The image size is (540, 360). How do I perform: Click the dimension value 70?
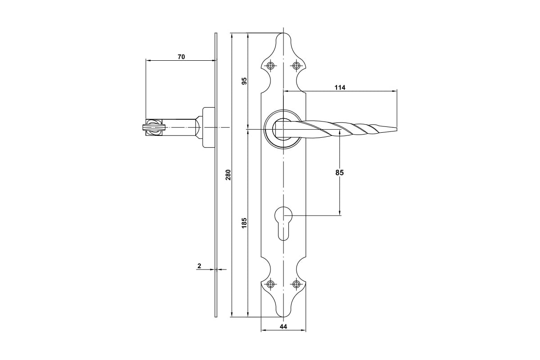[181, 57]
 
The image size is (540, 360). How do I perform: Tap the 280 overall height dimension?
[228, 175]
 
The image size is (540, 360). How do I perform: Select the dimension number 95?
[244, 81]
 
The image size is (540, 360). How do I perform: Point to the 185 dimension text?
[244, 223]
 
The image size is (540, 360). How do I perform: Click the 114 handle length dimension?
[340, 88]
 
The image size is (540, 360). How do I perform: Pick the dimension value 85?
[339, 173]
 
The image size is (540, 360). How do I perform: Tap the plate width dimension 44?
[283, 327]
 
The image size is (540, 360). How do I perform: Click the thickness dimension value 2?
[199, 266]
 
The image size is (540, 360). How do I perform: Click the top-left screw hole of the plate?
[271, 65]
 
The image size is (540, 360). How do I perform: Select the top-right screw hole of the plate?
[296, 65]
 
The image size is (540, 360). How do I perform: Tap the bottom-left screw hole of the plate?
[271, 284]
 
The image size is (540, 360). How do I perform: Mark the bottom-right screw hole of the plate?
[296, 284]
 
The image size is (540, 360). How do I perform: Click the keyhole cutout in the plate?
[283, 223]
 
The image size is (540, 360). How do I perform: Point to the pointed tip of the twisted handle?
[396, 129]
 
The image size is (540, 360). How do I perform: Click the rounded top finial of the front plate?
[283, 36]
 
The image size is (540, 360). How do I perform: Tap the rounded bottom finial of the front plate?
[283, 314]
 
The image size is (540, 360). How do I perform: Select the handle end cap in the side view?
[153, 127]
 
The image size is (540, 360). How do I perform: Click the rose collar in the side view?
[209, 127]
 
